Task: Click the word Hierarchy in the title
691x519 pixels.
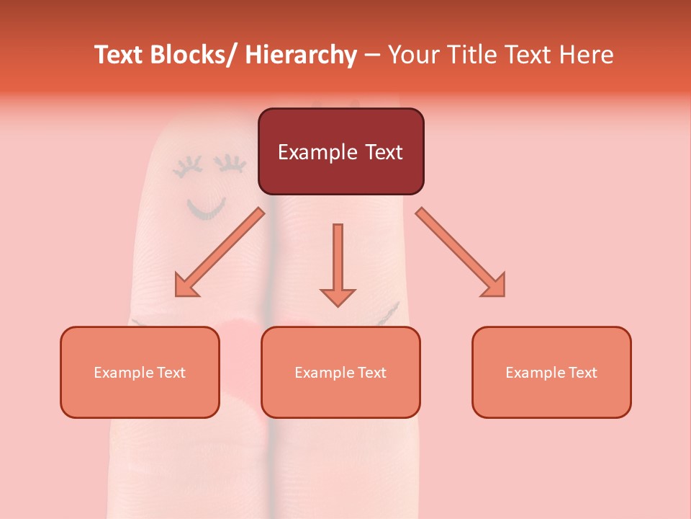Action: (301, 55)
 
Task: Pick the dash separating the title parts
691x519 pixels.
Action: (372, 56)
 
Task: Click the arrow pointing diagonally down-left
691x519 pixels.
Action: (220, 252)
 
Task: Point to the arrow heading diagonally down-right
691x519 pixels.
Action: (461, 252)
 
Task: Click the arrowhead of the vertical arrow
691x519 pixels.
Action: (338, 296)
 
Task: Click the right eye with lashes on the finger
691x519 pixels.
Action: (232, 164)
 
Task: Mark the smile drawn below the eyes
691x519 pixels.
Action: (206, 208)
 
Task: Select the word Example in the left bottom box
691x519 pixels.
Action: (123, 373)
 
